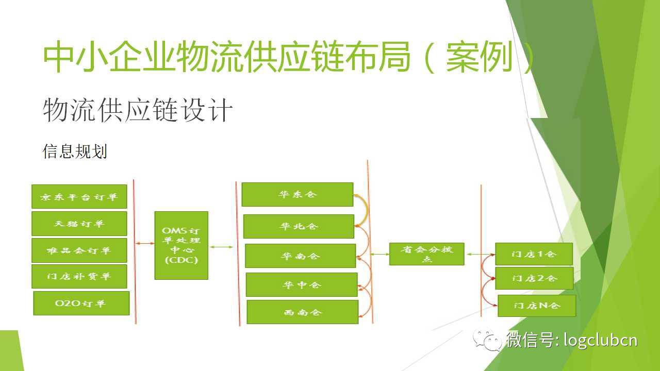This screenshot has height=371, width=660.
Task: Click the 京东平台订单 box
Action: (79, 196)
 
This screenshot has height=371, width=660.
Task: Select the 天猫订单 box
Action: (79, 224)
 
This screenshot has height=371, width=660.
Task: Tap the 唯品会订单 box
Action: (79, 250)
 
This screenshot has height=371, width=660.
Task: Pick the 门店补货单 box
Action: (79, 276)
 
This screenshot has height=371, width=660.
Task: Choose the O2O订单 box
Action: (81, 303)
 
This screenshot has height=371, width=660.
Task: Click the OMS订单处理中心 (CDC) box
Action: (181, 245)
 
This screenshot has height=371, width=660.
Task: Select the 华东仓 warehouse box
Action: (298, 194)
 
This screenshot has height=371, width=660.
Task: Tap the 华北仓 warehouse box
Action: (299, 226)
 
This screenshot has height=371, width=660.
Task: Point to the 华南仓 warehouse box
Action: (300, 256)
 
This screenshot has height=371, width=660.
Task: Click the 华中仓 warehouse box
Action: (302, 284)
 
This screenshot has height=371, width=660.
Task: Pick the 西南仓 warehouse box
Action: (303, 312)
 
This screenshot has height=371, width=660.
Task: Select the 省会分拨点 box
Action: (426, 254)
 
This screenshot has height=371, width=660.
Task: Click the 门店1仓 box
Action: (534, 254)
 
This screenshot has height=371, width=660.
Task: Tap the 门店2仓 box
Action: (534, 278)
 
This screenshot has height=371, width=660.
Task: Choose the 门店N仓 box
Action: (537, 306)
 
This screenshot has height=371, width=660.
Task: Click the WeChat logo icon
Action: (487, 340)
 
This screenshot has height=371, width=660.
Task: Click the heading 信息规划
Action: (75, 151)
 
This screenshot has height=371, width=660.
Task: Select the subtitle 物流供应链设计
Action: (138, 110)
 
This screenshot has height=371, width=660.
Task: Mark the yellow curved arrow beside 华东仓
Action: (366, 210)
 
